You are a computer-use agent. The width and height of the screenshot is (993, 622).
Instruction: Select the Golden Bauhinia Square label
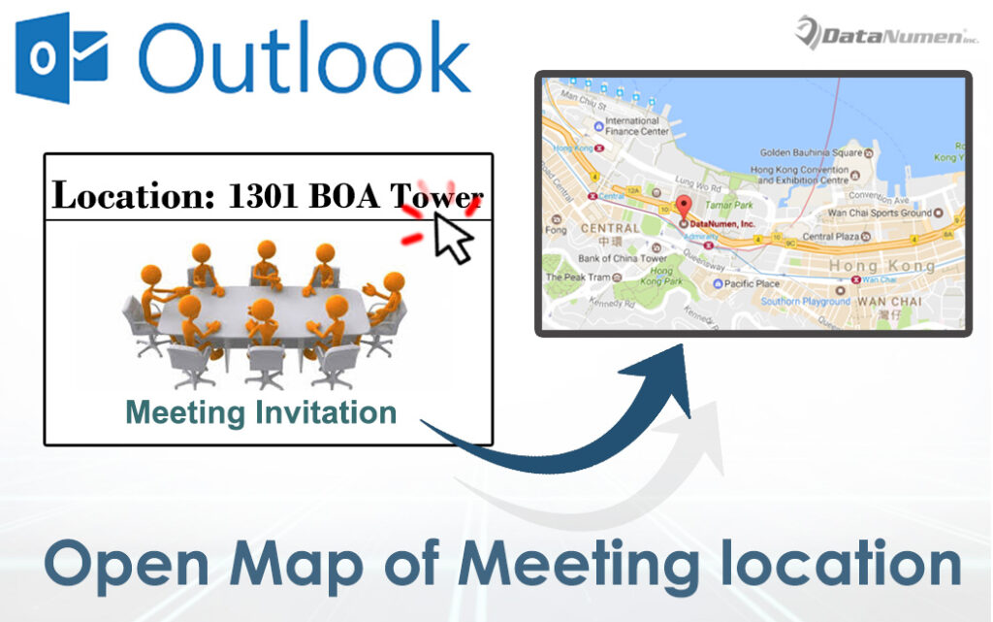click(x=811, y=152)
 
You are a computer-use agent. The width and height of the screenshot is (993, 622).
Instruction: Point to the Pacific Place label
click(x=753, y=283)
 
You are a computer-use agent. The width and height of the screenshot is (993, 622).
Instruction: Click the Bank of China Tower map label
click(x=622, y=258)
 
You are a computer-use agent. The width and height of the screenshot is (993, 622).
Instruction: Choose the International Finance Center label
click(x=636, y=126)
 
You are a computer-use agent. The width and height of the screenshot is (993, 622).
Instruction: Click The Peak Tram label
click(x=580, y=278)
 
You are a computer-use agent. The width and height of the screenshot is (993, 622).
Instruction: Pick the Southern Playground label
click(x=806, y=301)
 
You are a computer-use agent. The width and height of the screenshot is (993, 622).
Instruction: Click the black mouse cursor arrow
click(x=450, y=237)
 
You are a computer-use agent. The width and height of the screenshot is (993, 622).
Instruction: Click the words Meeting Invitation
click(x=262, y=412)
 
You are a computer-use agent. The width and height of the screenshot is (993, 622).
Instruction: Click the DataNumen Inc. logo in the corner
click(x=886, y=33)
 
